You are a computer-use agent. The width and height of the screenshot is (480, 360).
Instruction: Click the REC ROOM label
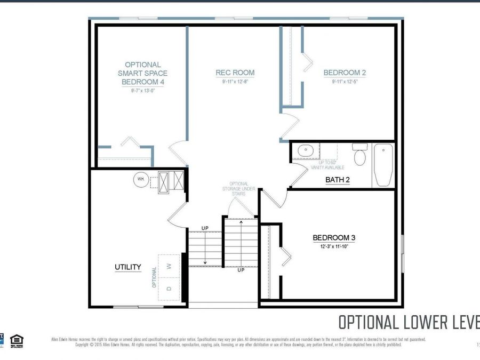(x=235, y=73)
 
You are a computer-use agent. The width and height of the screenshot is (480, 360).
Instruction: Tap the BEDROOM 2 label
(x=345, y=73)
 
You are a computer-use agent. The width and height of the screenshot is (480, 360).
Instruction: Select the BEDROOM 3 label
(x=334, y=238)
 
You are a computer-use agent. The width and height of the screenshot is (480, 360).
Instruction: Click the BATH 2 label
(x=338, y=180)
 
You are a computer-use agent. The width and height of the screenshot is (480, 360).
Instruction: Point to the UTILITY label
(x=128, y=267)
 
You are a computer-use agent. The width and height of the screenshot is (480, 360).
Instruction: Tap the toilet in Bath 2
(x=360, y=155)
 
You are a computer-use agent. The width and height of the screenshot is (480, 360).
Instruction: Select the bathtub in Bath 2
(x=383, y=164)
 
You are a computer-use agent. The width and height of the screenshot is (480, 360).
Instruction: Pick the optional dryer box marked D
(x=169, y=289)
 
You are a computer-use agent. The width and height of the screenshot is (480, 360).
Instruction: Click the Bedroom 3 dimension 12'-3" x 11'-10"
(x=334, y=247)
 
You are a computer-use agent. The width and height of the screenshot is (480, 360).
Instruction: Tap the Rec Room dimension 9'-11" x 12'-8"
(x=235, y=82)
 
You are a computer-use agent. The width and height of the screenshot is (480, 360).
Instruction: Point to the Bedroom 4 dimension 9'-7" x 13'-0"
(x=142, y=91)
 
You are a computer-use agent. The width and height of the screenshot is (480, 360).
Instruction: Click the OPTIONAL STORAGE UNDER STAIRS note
(x=235, y=189)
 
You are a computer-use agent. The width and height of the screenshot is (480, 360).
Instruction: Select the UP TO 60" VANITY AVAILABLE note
(x=327, y=165)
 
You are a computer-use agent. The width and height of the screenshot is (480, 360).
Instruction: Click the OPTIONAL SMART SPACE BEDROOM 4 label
(x=142, y=73)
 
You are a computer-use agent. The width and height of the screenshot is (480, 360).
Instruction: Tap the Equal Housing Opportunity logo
(x=17, y=340)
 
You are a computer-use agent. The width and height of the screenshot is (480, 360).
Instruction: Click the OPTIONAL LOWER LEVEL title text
(x=409, y=323)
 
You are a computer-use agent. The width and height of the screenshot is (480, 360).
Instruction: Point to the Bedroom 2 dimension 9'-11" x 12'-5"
(x=345, y=82)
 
